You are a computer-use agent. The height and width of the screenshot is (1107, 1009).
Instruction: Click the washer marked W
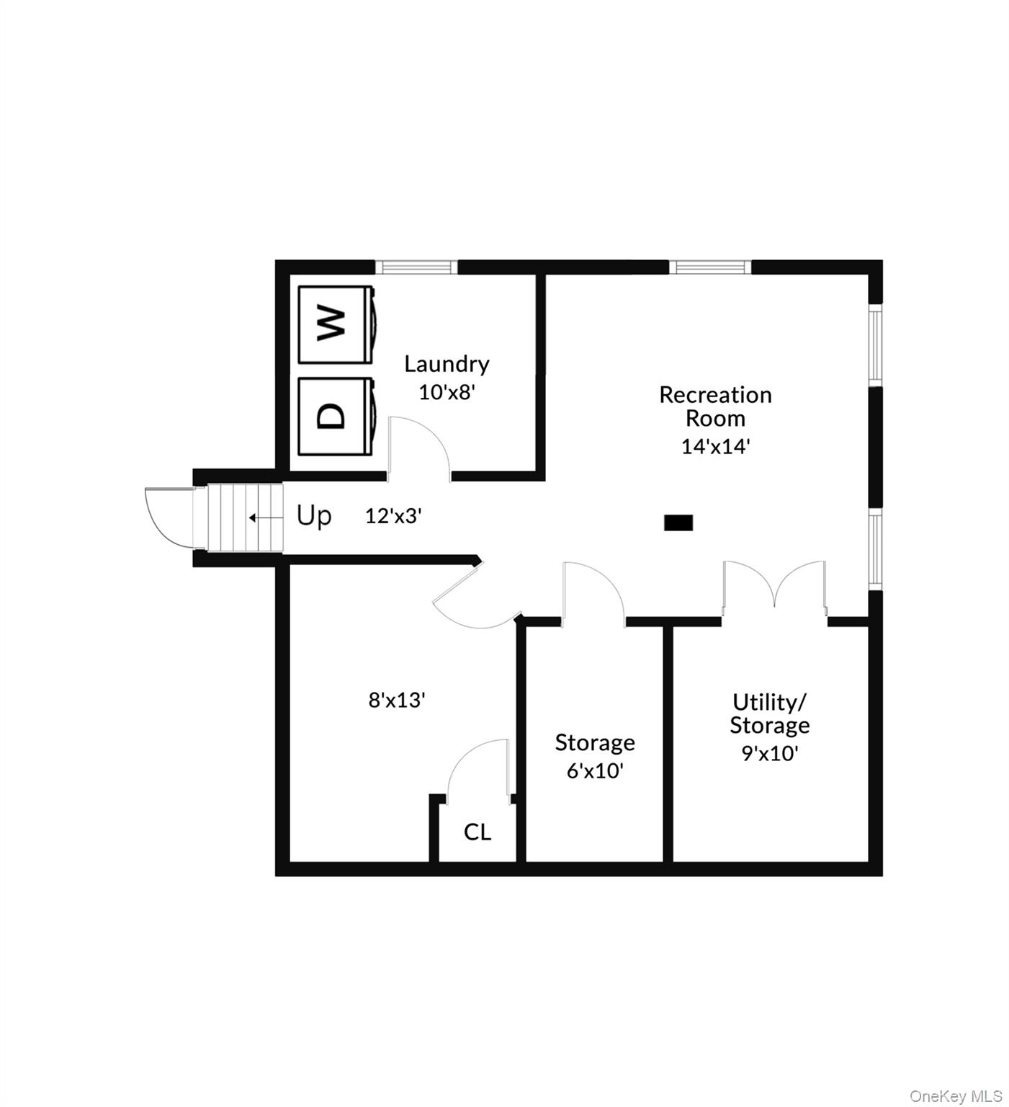tap(336, 324)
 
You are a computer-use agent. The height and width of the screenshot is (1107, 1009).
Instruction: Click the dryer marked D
tap(336, 417)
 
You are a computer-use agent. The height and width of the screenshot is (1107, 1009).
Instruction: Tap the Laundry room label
tap(447, 364)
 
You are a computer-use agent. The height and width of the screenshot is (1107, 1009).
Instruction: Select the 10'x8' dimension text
tap(447, 392)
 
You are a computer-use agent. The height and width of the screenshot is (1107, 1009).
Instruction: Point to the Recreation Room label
tap(715, 406)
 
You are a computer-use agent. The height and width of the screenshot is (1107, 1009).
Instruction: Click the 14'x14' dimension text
tap(716, 446)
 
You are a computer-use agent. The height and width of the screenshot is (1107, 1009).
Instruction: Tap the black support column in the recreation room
tap(678, 523)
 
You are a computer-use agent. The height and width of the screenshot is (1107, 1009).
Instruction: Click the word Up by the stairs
tap(314, 516)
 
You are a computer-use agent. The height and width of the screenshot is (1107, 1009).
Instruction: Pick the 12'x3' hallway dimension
tap(393, 516)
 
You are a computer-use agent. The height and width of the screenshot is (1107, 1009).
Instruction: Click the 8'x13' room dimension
tap(397, 700)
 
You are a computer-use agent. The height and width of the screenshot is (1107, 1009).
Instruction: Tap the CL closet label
tap(477, 832)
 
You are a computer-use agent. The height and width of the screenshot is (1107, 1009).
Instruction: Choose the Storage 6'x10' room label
tap(595, 756)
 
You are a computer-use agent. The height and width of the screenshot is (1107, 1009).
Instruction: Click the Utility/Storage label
tap(770, 713)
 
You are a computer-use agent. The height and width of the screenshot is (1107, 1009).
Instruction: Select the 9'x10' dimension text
tap(770, 753)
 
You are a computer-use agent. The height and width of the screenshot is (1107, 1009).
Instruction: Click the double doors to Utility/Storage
tap(774, 587)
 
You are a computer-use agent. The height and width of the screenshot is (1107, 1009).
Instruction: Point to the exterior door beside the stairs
tap(170, 517)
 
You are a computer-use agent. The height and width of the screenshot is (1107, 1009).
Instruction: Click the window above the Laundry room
tap(416, 267)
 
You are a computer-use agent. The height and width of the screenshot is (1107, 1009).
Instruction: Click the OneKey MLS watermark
tap(956, 1096)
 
